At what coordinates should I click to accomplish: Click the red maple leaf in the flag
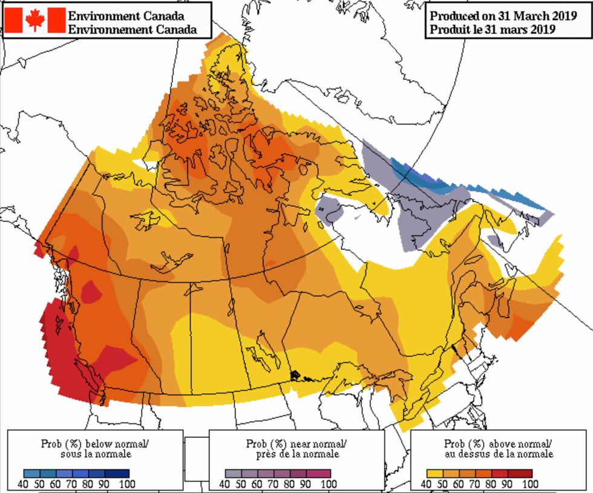pos(35,20)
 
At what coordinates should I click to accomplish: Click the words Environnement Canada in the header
pos(133,29)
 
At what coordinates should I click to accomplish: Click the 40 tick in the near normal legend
pos(224,483)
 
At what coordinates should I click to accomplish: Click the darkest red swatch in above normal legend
pos(523,473)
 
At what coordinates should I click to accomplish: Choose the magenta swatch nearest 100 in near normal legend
pos(322,473)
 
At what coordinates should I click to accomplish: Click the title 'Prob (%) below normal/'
pos(94,443)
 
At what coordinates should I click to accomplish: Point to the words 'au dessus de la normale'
pos(498,454)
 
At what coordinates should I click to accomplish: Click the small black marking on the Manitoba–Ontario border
pos(296,376)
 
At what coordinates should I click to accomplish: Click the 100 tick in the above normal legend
pos(529,483)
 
